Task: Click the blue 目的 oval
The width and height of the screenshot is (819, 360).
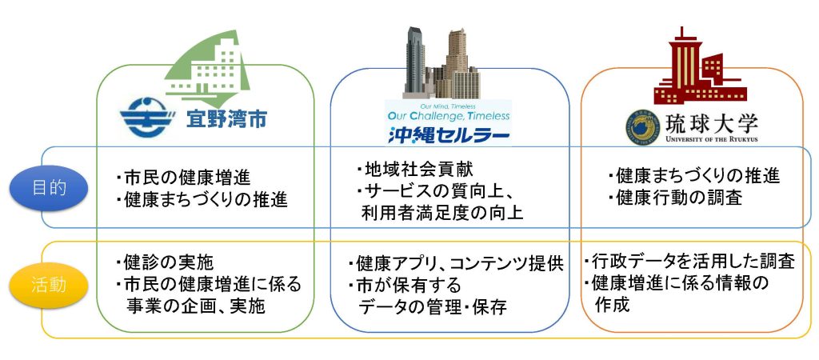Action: [x=50, y=189]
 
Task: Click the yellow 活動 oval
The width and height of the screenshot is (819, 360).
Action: [x=50, y=283]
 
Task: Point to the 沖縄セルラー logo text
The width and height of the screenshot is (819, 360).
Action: [x=448, y=134]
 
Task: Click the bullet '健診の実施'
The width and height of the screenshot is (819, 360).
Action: [x=164, y=262]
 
